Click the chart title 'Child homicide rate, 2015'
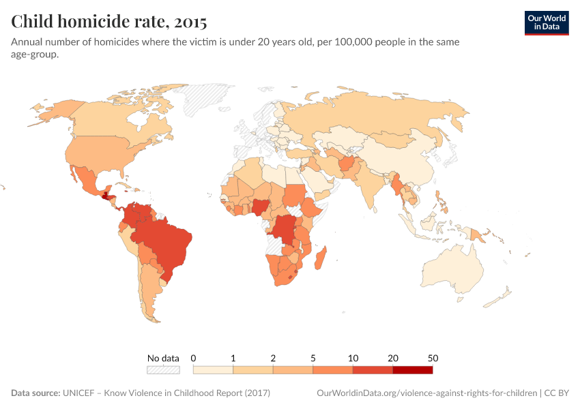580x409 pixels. pos(109,22)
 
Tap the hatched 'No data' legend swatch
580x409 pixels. pos(163,370)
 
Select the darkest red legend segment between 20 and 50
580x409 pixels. pos(412,370)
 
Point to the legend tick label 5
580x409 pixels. pos(313,358)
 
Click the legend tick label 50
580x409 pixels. pos(433,358)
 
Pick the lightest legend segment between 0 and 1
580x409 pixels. pos(213,370)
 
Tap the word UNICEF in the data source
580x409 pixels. pos(81,393)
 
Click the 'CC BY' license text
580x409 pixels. pos(557,393)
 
